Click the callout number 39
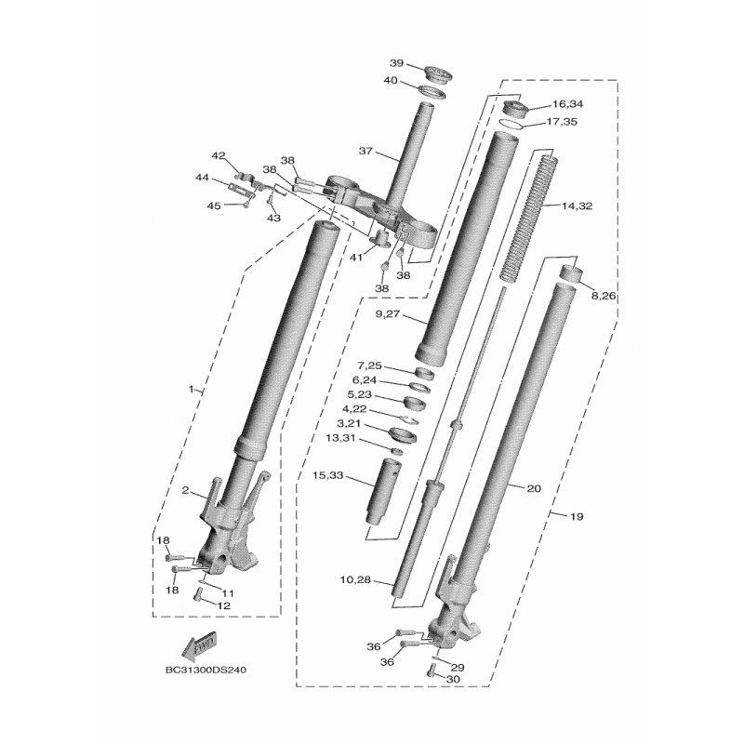pyautogui.click(x=396, y=63)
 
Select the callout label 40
pyautogui.click(x=391, y=81)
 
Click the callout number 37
pyautogui.click(x=365, y=151)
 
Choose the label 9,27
pyautogui.click(x=389, y=315)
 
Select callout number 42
pyautogui.click(x=219, y=155)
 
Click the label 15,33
pyautogui.click(x=328, y=475)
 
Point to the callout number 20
pyautogui.click(x=533, y=487)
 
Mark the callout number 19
pyautogui.click(x=576, y=516)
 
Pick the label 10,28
pyautogui.click(x=355, y=580)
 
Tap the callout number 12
pyautogui.click(x=223, y=605)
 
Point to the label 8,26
pyautogui.click(x=604, y=296)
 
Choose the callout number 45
pyautogui.click(x=213, y=206)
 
